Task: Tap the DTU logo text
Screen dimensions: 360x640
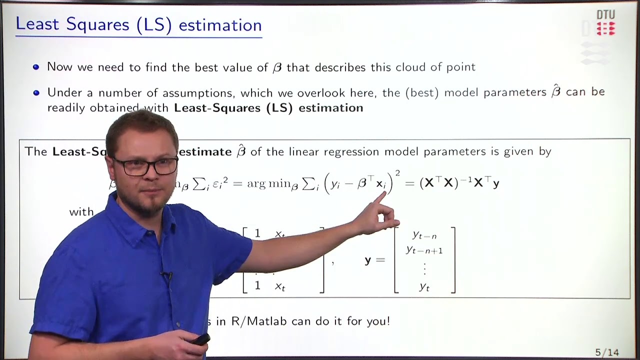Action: click(605, 15)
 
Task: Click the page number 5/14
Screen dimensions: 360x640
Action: click(607, 352)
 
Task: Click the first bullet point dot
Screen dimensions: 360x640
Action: click(36, 67)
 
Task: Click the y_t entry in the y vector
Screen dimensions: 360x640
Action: click(424, 286)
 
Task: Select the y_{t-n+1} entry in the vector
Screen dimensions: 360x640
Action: click(424, 250)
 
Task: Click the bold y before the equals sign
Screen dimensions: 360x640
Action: click(368, 260)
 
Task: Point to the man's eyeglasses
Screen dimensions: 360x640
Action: click(145, 166)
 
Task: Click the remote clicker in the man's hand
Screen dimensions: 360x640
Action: click(200, 339)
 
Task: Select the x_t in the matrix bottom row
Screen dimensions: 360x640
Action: click(279, 286)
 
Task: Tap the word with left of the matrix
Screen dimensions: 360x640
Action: click(81, 211)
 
